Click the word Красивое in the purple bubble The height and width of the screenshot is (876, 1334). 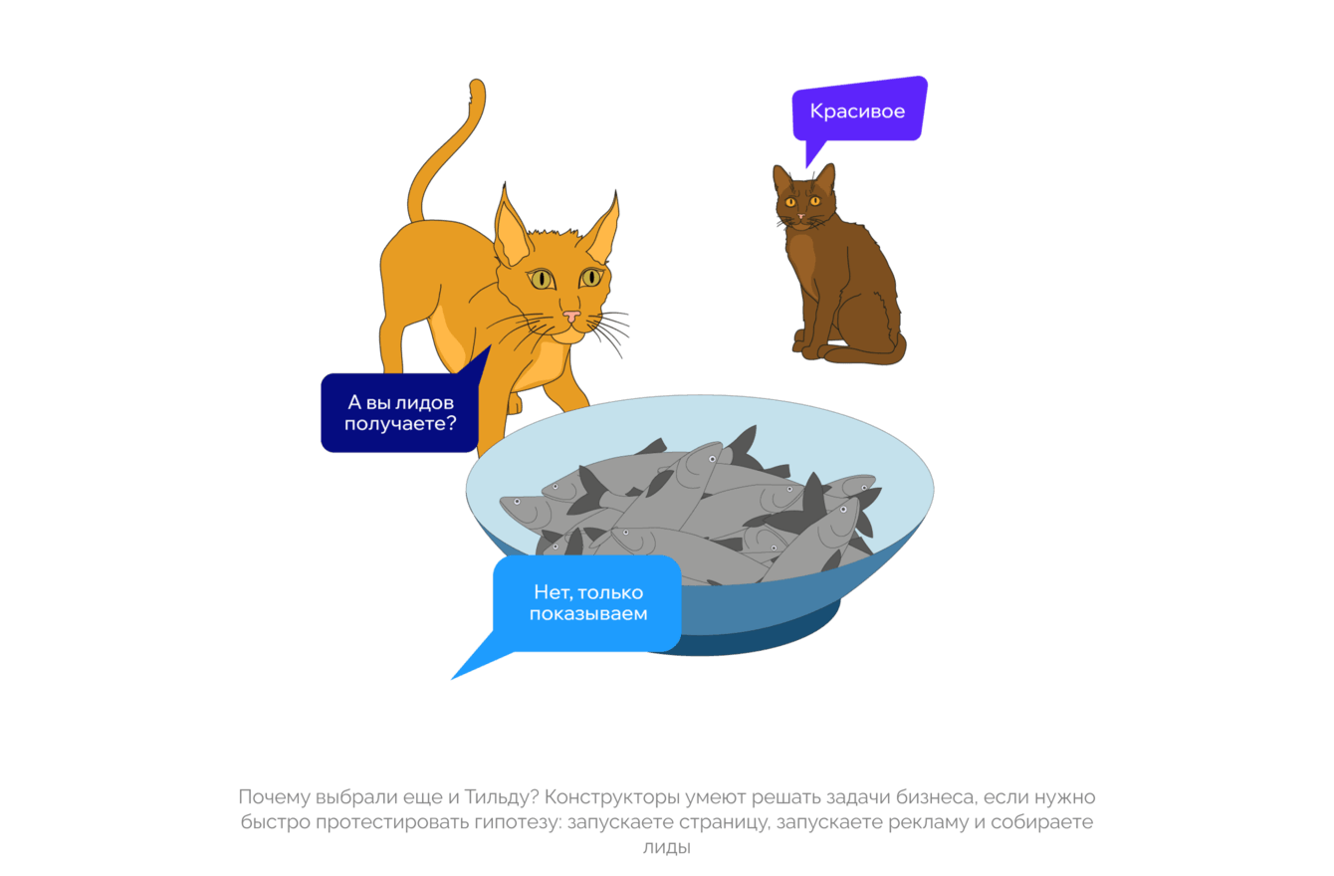point(857,111)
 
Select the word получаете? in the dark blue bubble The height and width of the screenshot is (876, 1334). point(400,424)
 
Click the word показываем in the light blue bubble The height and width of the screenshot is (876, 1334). point(587,614)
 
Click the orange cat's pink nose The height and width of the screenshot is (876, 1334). point(571,317)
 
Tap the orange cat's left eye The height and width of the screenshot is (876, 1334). point(543,280)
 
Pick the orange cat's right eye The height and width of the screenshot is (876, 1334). point(591,277)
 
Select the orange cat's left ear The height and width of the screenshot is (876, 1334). point(513,232)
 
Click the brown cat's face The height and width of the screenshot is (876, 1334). point(801,204)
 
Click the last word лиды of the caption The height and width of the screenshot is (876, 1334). point(667,848)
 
